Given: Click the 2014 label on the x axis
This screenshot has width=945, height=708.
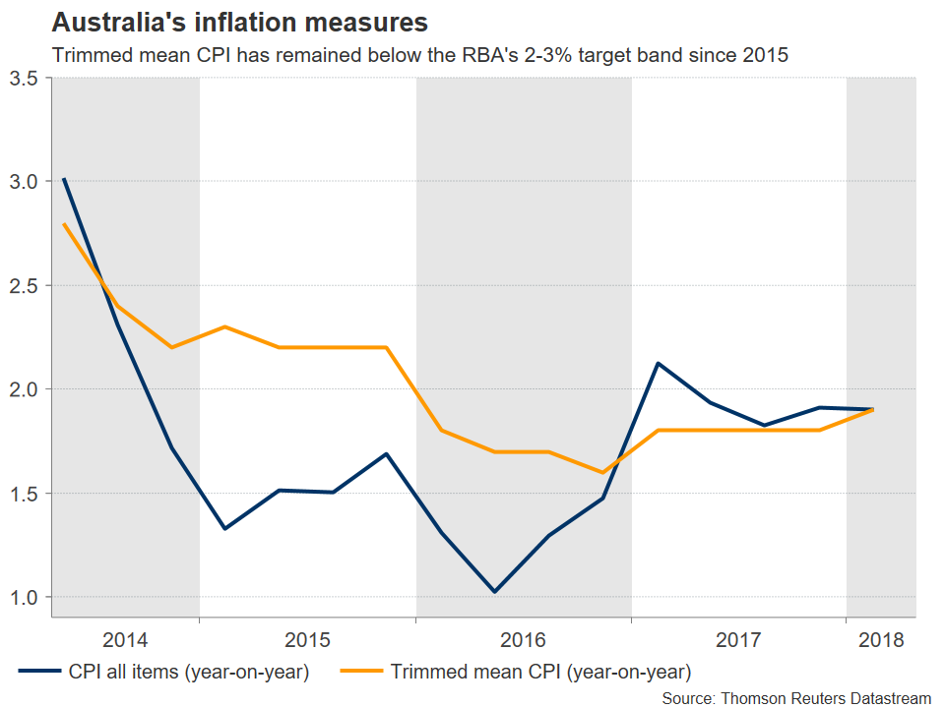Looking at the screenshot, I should pos(125,640).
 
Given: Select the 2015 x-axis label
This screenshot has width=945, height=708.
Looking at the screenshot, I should pos(307,640).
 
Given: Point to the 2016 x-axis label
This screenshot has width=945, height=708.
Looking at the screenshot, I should pos(523,640).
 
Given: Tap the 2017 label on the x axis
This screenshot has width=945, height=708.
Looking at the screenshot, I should pos(738,640).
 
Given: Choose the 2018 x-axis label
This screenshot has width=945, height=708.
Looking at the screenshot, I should pos(881,640).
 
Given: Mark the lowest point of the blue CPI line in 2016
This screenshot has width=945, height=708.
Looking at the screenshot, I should pos(494,592).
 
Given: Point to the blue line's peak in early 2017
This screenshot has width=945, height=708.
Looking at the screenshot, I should pos(657,364).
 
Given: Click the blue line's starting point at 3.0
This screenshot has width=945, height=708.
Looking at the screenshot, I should pos(64,179).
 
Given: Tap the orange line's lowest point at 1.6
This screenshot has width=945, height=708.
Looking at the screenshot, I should pos(602,473).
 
